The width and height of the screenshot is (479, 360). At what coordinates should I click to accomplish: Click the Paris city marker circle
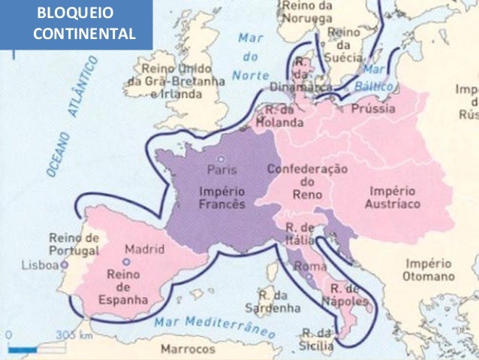220,159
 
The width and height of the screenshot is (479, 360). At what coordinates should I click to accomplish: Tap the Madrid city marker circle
126,262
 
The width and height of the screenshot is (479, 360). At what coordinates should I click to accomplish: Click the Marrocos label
188,349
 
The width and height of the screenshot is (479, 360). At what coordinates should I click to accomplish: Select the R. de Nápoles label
346,295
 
